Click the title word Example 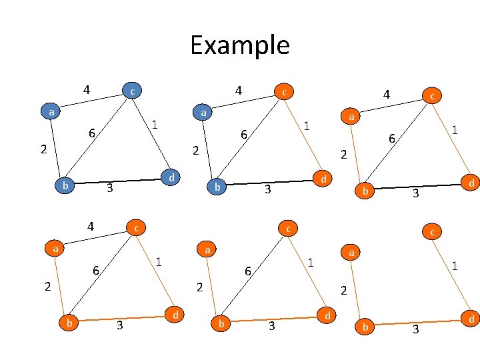239,45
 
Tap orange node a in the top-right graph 351,117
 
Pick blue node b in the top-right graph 365,191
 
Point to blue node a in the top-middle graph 203,113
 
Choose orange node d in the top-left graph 171,177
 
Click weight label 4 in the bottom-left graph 91,226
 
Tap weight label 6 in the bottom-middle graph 247,271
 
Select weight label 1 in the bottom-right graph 454,265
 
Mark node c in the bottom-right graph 433,232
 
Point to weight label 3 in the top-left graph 110,189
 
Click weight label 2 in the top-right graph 343,155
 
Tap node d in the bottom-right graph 471,320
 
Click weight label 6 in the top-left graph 92,133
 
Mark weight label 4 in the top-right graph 385,96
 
